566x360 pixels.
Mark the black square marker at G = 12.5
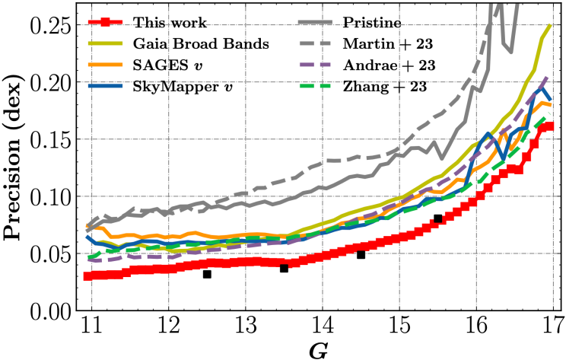[x=207, y=274]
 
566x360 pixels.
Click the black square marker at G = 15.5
[x=438, y=218]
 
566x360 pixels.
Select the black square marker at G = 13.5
[x=284, y=268]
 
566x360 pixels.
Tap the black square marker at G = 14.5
[x=361, y=254]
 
